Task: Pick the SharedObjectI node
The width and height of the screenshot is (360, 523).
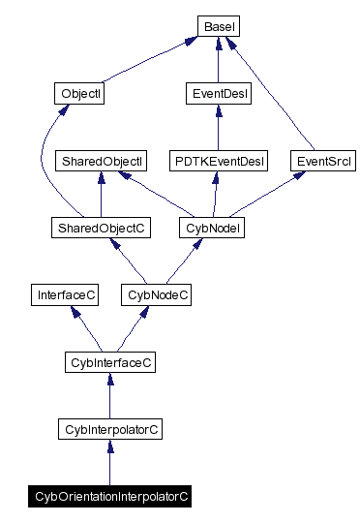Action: tap(101, 160)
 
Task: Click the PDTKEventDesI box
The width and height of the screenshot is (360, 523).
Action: tap(218, 160)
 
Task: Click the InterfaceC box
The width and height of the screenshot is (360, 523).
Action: tap(65, 294)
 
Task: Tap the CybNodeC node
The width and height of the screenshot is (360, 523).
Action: tap(155, 294)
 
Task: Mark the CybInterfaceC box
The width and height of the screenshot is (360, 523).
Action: tap(109, 362)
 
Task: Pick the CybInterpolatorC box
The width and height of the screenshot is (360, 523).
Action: tap(109, 428)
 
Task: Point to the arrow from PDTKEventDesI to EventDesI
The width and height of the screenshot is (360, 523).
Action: tap(217, 128)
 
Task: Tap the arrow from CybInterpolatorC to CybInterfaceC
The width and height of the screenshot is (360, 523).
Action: tap(109, 396)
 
